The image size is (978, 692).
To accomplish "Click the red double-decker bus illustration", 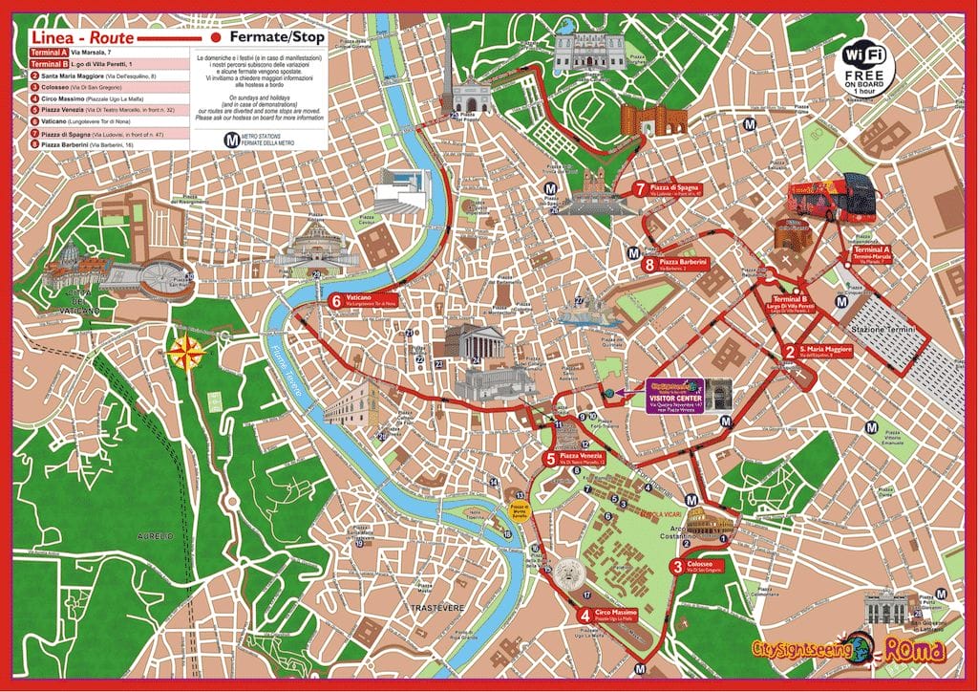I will point(832,196).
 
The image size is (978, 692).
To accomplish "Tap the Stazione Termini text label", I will point(887,330).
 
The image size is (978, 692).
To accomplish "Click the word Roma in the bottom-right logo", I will point(915,650).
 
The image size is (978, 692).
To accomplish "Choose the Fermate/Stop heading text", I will point(278,37).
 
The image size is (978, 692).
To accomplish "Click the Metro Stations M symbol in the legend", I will point(230,137).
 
